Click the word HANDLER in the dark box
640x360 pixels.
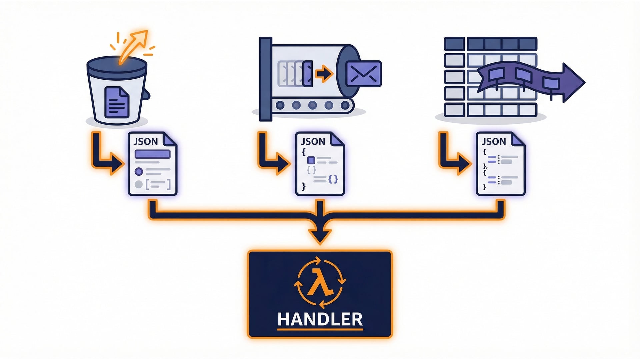coord(320,319)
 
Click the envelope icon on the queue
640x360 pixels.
coord(364,74)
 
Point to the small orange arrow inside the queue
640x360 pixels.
coord(324,74)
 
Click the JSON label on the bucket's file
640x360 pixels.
coord(146,142)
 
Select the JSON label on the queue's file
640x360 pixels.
coord(313,142)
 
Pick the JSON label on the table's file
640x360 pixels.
coord(494,142)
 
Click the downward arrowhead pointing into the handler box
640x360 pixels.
coord(320,235)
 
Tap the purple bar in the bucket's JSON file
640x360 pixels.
coord(152,154)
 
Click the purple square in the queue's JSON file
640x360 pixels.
coord(311,160)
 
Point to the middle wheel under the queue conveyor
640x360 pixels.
coord(312,106)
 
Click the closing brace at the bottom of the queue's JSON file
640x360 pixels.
coord(303,186)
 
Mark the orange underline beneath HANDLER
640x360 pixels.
coord(320,330)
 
